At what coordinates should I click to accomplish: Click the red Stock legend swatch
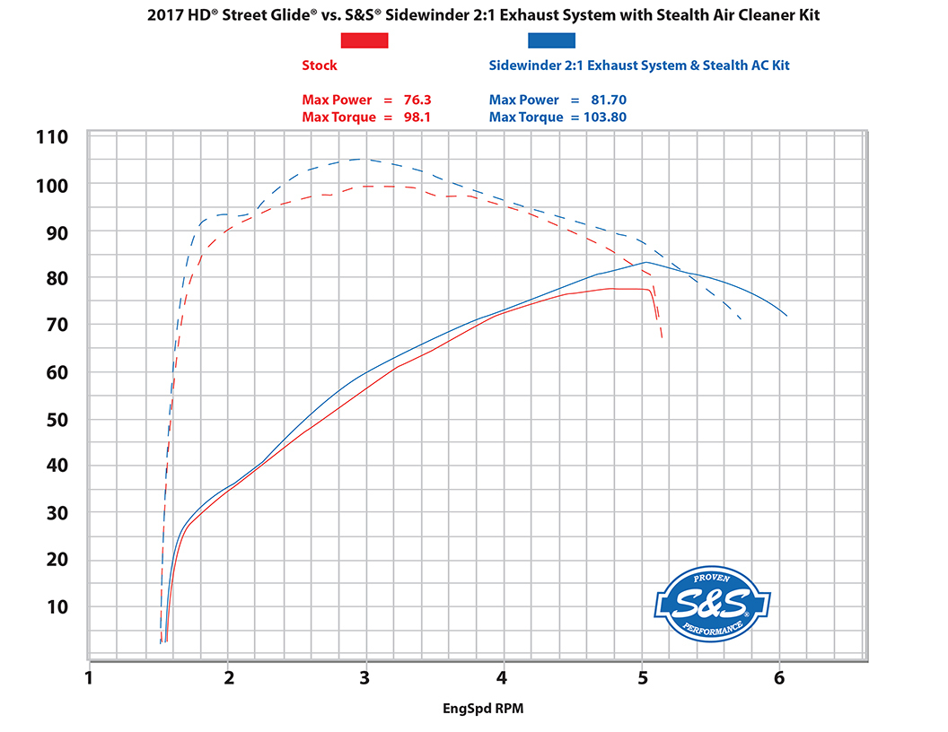click(364, 39)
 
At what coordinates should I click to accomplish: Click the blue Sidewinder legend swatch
click(551, 39)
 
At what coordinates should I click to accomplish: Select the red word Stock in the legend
click(320, 65)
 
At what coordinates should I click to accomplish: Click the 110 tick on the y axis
click(50, 137)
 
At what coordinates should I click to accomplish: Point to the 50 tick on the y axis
click(56, 419)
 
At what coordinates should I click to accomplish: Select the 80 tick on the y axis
click(56, 278)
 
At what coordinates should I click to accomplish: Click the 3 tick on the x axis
click(364, 677)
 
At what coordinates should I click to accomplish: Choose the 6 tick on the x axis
click(778, 677)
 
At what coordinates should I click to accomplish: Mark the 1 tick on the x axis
click(89, 677)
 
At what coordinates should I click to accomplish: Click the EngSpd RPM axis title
click(482, 709)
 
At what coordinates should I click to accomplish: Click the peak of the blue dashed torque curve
click(361, 159)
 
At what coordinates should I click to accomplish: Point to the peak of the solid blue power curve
click(645, 262)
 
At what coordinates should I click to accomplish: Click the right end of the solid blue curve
click(786, 315)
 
